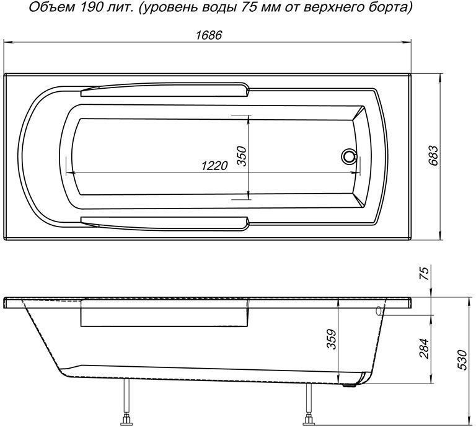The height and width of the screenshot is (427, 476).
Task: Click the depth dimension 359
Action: (330, 339)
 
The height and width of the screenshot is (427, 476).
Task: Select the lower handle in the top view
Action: (164, 220)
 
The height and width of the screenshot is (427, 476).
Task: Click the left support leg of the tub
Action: (128, 403)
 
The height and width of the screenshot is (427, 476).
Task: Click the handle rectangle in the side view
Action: (165, 317)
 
